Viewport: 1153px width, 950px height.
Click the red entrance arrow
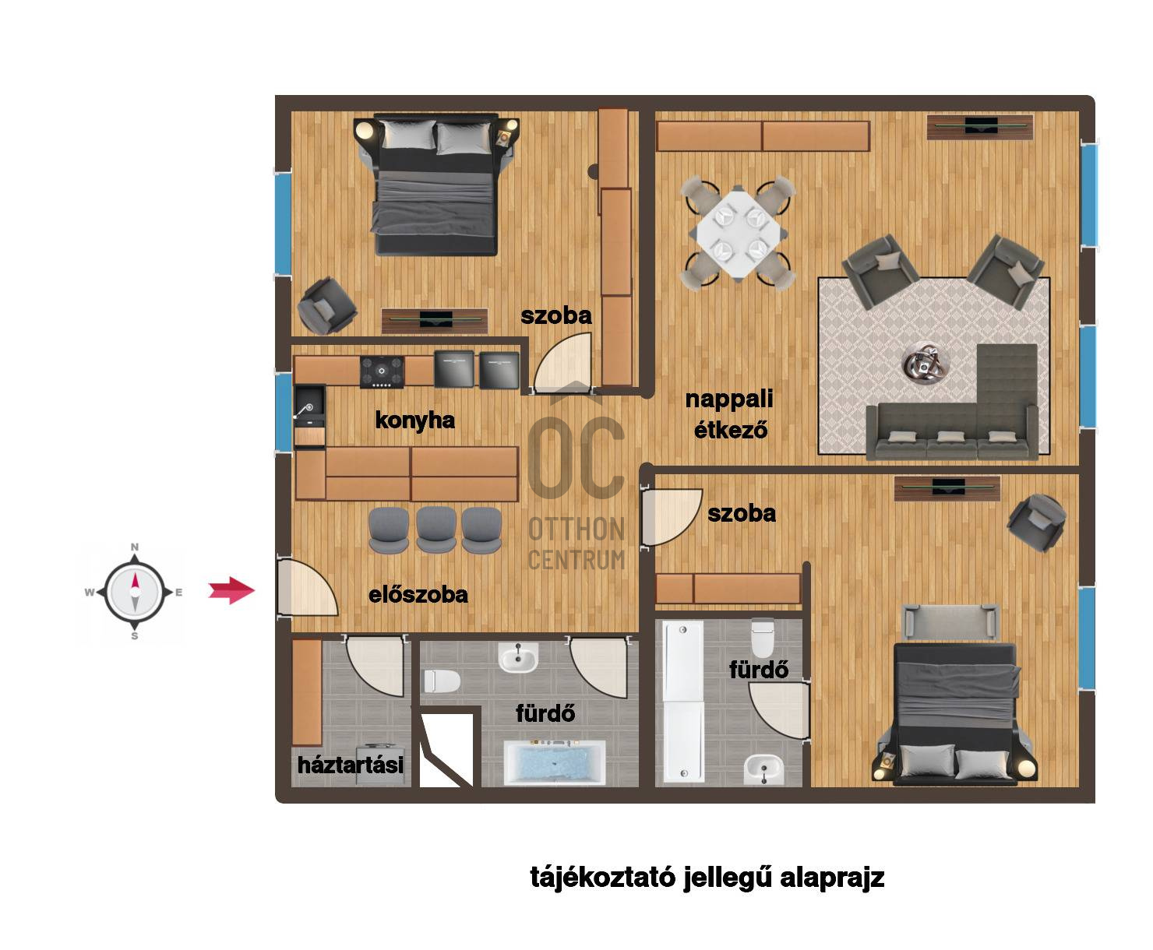coord(231,591)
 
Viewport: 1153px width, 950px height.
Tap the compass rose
coord(135,593)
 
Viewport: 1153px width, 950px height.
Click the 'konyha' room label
coord(414,420)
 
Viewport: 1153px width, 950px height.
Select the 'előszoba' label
coord(418,595)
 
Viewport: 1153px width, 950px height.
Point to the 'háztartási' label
coord(350,765)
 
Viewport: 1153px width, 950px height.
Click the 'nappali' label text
coord(729,399)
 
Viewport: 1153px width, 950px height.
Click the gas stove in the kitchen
coord(382,371)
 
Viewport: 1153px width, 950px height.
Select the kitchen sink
coord(309,407)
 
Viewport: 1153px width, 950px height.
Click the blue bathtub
coord(555,762)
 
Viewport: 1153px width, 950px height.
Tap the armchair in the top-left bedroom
coord(327,306)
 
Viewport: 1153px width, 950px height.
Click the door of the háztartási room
coord(376,667)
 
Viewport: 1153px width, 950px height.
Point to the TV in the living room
coord(980,126)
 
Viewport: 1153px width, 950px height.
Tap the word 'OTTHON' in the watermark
coord(576,530)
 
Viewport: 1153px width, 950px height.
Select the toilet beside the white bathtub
coord(763,638)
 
